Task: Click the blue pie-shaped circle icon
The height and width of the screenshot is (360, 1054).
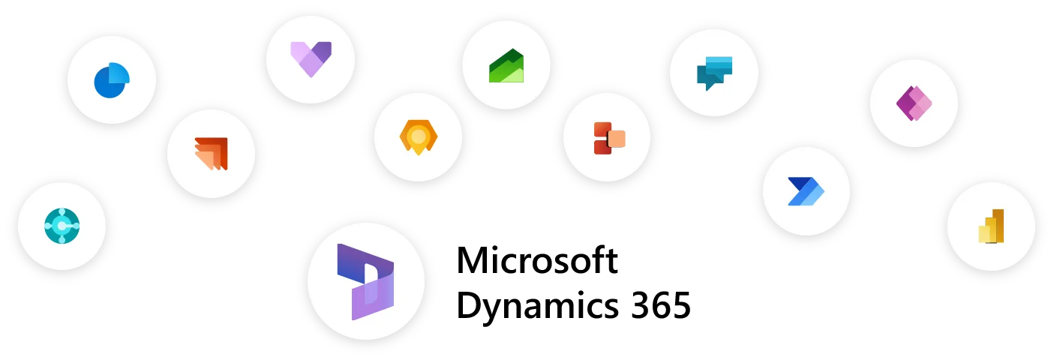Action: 112,80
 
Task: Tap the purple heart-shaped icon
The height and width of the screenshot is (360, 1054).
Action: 311,58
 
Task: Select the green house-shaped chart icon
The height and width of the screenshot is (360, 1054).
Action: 506,65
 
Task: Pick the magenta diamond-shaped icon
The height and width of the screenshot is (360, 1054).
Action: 914,103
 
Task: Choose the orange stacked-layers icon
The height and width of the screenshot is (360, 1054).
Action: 212,154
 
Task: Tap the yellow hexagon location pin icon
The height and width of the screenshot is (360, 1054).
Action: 419,137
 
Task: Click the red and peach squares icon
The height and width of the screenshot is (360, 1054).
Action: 609,138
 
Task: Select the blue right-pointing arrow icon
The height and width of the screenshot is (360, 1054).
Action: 806,191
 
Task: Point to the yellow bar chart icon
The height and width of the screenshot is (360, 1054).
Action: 991,226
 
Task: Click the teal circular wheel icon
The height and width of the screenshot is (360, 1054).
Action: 62,226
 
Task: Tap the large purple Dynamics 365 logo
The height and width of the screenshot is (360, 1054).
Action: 365,281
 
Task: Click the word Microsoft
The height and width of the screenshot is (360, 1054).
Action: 537,260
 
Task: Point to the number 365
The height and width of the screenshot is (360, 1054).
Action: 661,306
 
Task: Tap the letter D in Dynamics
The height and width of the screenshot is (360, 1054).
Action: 469,305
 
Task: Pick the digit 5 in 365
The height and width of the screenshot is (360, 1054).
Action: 681,306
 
